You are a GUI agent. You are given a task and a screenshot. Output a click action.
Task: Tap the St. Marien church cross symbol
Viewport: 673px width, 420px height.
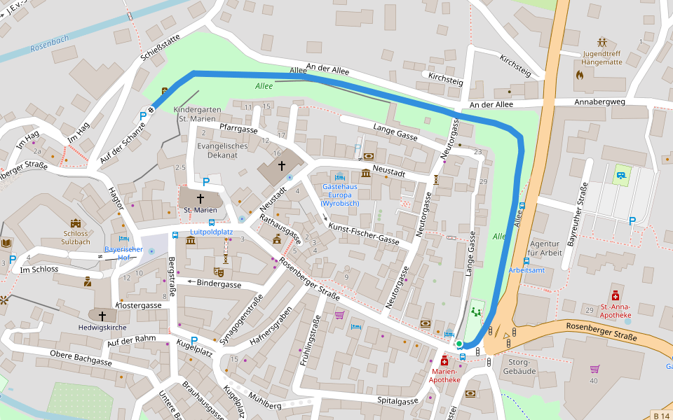coord(200,198)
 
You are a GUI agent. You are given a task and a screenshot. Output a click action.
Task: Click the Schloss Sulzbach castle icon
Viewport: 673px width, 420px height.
coord(75,222)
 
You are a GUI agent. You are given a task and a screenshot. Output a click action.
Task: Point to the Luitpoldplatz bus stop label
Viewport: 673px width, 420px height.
coord(211,232)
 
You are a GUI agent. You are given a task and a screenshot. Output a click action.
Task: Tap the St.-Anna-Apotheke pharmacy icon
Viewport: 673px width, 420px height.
coord(615,295)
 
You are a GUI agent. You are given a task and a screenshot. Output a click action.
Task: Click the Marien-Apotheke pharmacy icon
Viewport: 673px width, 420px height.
coord(444,360)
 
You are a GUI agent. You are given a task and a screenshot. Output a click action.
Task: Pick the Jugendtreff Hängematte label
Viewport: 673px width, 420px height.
coord(601,57)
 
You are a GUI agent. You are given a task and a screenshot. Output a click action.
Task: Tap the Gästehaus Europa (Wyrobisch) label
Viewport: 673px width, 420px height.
coord(341,195)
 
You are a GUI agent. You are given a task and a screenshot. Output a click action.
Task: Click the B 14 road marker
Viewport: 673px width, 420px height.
coord(661,416)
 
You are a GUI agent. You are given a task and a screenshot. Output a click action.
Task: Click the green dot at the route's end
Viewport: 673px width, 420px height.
coord(459,344)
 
